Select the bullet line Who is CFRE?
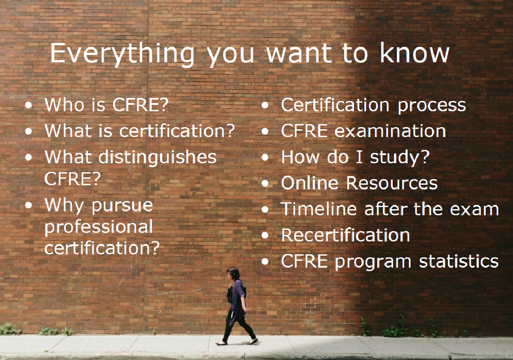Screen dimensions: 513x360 point(106,105)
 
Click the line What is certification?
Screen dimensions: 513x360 point(140,131)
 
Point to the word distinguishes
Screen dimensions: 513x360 point(157,157)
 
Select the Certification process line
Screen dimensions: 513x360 point(373,105)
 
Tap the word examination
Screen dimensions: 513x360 point(390,131)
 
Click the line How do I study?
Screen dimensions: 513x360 point(355,157)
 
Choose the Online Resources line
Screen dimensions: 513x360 point(359,183)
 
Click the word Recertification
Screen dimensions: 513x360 point(345,235)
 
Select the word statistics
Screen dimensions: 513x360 point(459,261)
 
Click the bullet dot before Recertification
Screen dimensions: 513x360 point(265,235)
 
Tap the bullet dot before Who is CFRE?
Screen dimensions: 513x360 point(29,105)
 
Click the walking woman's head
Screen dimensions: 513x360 point(233,273)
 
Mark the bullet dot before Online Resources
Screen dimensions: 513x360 point(265,183)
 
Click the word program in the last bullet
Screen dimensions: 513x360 point(373,262)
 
